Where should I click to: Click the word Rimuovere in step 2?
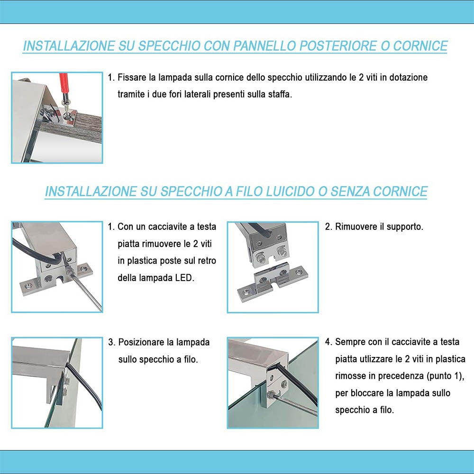tap(355, 227)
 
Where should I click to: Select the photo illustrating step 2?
tap(273, 267)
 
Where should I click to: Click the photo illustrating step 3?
tap(57, 383)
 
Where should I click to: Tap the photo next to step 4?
tap(273, 383)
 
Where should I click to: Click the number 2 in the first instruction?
tap(362, 77)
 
